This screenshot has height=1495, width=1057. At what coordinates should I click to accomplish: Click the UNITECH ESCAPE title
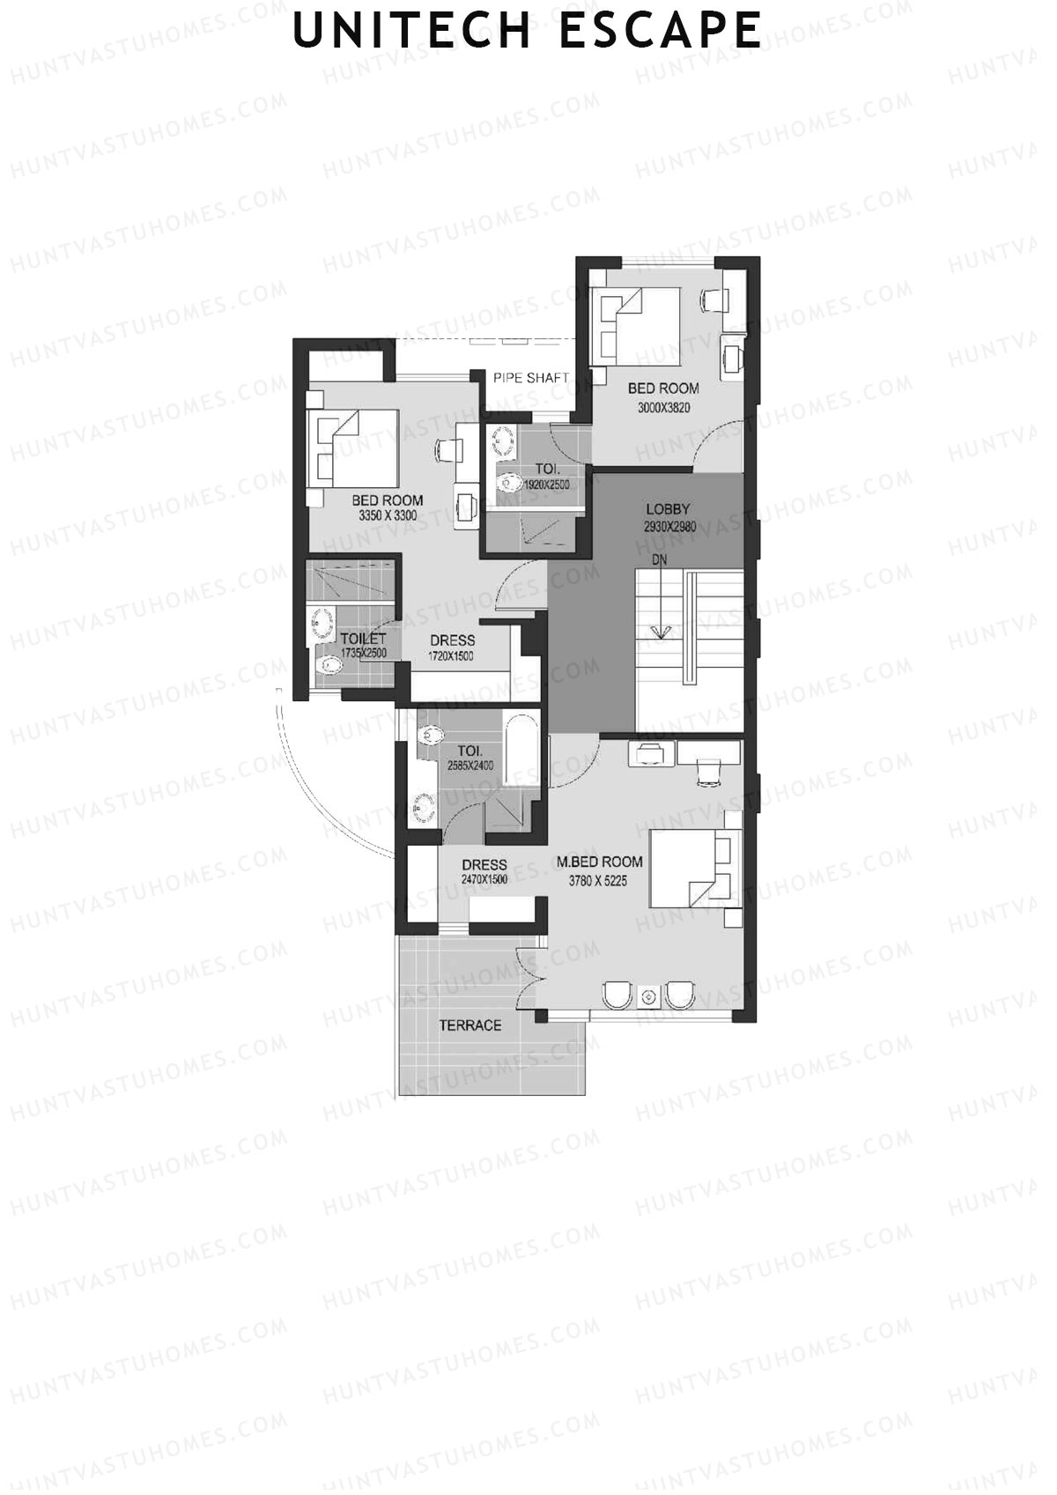click(527, 31)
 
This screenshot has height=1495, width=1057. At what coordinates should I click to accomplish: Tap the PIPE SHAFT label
click(530, 378)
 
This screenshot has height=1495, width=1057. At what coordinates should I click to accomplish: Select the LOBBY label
click(668, 509)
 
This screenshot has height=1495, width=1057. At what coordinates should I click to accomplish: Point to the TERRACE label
click(469, 1025)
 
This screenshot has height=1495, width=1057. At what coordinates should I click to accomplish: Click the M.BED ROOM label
click(599, 862)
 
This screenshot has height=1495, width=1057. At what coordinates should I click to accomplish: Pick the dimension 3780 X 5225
click(597, 881)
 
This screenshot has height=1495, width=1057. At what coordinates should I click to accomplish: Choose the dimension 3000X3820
click(663, 408)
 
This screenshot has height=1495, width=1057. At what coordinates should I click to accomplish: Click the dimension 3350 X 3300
click(387, 515)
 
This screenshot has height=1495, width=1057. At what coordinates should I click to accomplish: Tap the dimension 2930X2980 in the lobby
click(669, 527)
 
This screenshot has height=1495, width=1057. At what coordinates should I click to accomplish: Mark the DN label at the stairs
click(659, 560)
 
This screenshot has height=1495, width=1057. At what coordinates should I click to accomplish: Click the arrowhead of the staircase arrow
click(661, 631)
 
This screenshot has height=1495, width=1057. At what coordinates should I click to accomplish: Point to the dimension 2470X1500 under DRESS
click(484, 880)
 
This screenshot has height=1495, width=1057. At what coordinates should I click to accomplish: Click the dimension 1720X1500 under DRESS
click(451, 656)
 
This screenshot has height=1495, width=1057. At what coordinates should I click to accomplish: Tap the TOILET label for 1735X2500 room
click(363, 639)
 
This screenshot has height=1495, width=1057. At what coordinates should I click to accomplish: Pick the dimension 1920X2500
click(546, 485)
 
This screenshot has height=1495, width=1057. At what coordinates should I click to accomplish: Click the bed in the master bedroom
click(695, 868)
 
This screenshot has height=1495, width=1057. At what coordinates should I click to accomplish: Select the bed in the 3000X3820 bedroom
click(635, 326)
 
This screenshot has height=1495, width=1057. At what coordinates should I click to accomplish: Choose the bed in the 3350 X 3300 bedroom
click(352, 448)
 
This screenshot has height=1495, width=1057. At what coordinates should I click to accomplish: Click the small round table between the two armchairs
click(647, 996)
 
